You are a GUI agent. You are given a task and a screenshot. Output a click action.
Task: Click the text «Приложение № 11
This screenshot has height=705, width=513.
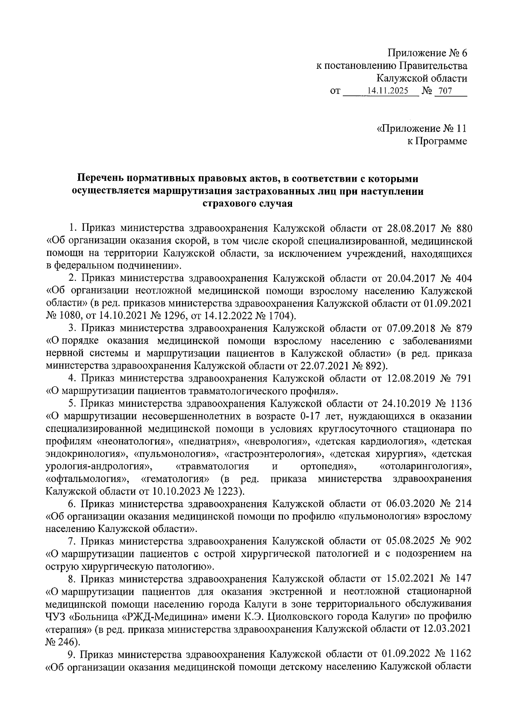[x=422, y=129]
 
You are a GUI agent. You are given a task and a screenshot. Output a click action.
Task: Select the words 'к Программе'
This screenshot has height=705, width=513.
[x=436, y=141]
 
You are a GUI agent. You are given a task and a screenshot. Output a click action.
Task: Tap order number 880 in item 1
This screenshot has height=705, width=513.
[x=461, y=229]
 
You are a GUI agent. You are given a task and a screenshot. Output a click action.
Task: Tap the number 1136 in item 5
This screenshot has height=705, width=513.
[x=457, y=403]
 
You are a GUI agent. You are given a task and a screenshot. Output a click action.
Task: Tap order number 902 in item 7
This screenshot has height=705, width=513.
[x=461, y=540]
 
